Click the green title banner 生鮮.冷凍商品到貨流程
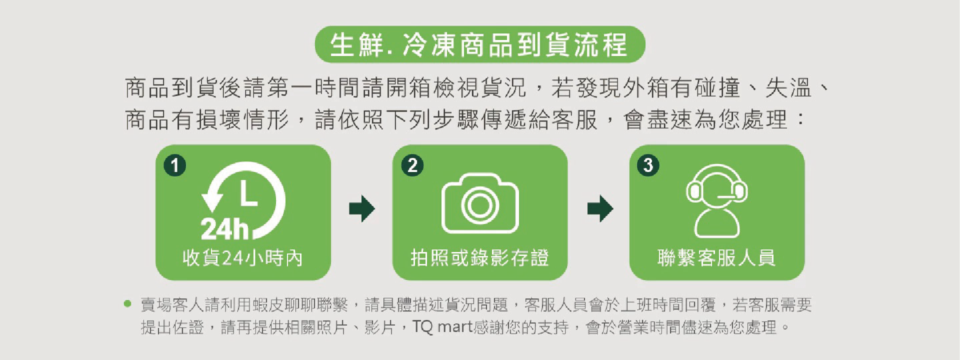point(480,44)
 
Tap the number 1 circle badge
point(174,165)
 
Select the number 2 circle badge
point(412,165)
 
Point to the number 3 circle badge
point(648,165)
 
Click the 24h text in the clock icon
point(224,229)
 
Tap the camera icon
point(480,203)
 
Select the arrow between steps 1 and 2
point(362,208)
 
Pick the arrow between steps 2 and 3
point(600,208)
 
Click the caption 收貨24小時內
point(242,258)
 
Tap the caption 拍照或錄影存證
point(479,258)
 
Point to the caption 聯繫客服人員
point(716,258)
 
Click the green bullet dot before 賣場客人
point(127,303)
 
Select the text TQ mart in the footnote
point(442,327)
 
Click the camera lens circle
point(480,205)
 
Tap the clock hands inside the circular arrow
point(248,193)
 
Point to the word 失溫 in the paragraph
point(788,88)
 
